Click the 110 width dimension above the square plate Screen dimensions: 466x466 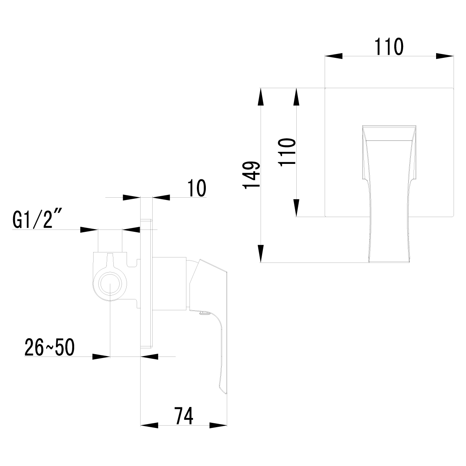(x=389, y=47)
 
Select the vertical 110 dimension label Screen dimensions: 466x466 (x=288, y=152)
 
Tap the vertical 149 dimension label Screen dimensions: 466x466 (x=251, y=175)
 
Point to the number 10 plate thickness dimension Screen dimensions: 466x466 (x=196, y=188)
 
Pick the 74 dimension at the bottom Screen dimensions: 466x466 (x=184, y=416)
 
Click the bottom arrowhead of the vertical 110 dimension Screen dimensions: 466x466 (x=297, y=208)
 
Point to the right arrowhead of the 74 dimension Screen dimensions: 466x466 (x=218, y=426)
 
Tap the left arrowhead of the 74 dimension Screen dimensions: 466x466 (x=149, y=426)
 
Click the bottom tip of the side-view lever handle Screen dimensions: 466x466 (x=223, y=392)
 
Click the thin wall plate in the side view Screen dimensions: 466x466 (x=146, y=283)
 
